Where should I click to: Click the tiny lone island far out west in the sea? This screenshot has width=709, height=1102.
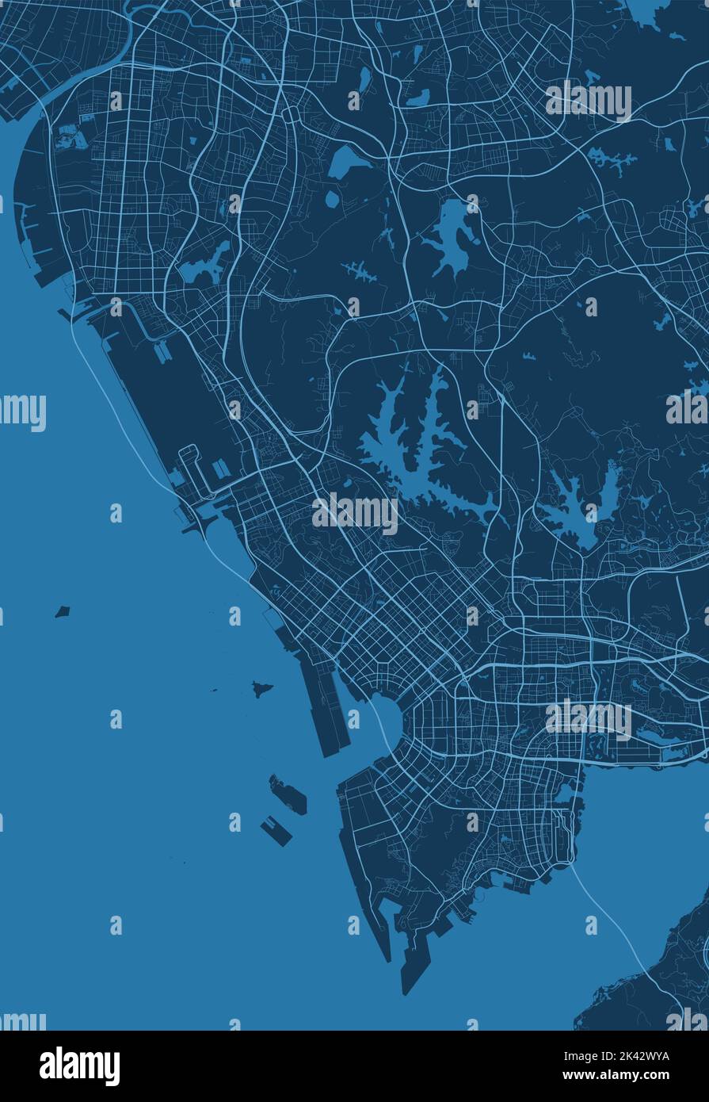(x=63, y=611)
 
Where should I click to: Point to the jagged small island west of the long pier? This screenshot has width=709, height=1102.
(x=262, y=688)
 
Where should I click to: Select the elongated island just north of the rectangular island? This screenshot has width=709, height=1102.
(x=288, y=795)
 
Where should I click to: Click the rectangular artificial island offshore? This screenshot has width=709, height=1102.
(x=276, y=830)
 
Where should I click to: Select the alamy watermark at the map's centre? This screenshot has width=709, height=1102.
(x=355, y=514)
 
